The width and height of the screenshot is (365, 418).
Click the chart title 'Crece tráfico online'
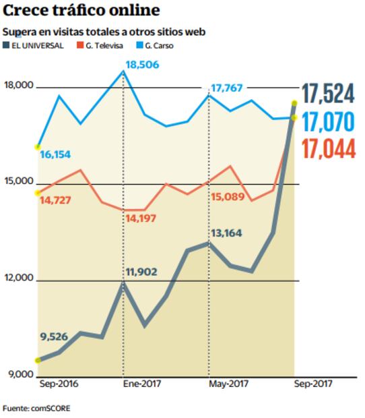point(81,11)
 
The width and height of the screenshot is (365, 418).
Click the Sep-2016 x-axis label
point(59,384)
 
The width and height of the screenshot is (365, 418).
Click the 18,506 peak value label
point(141,64)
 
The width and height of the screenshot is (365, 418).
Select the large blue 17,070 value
point(328,123)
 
